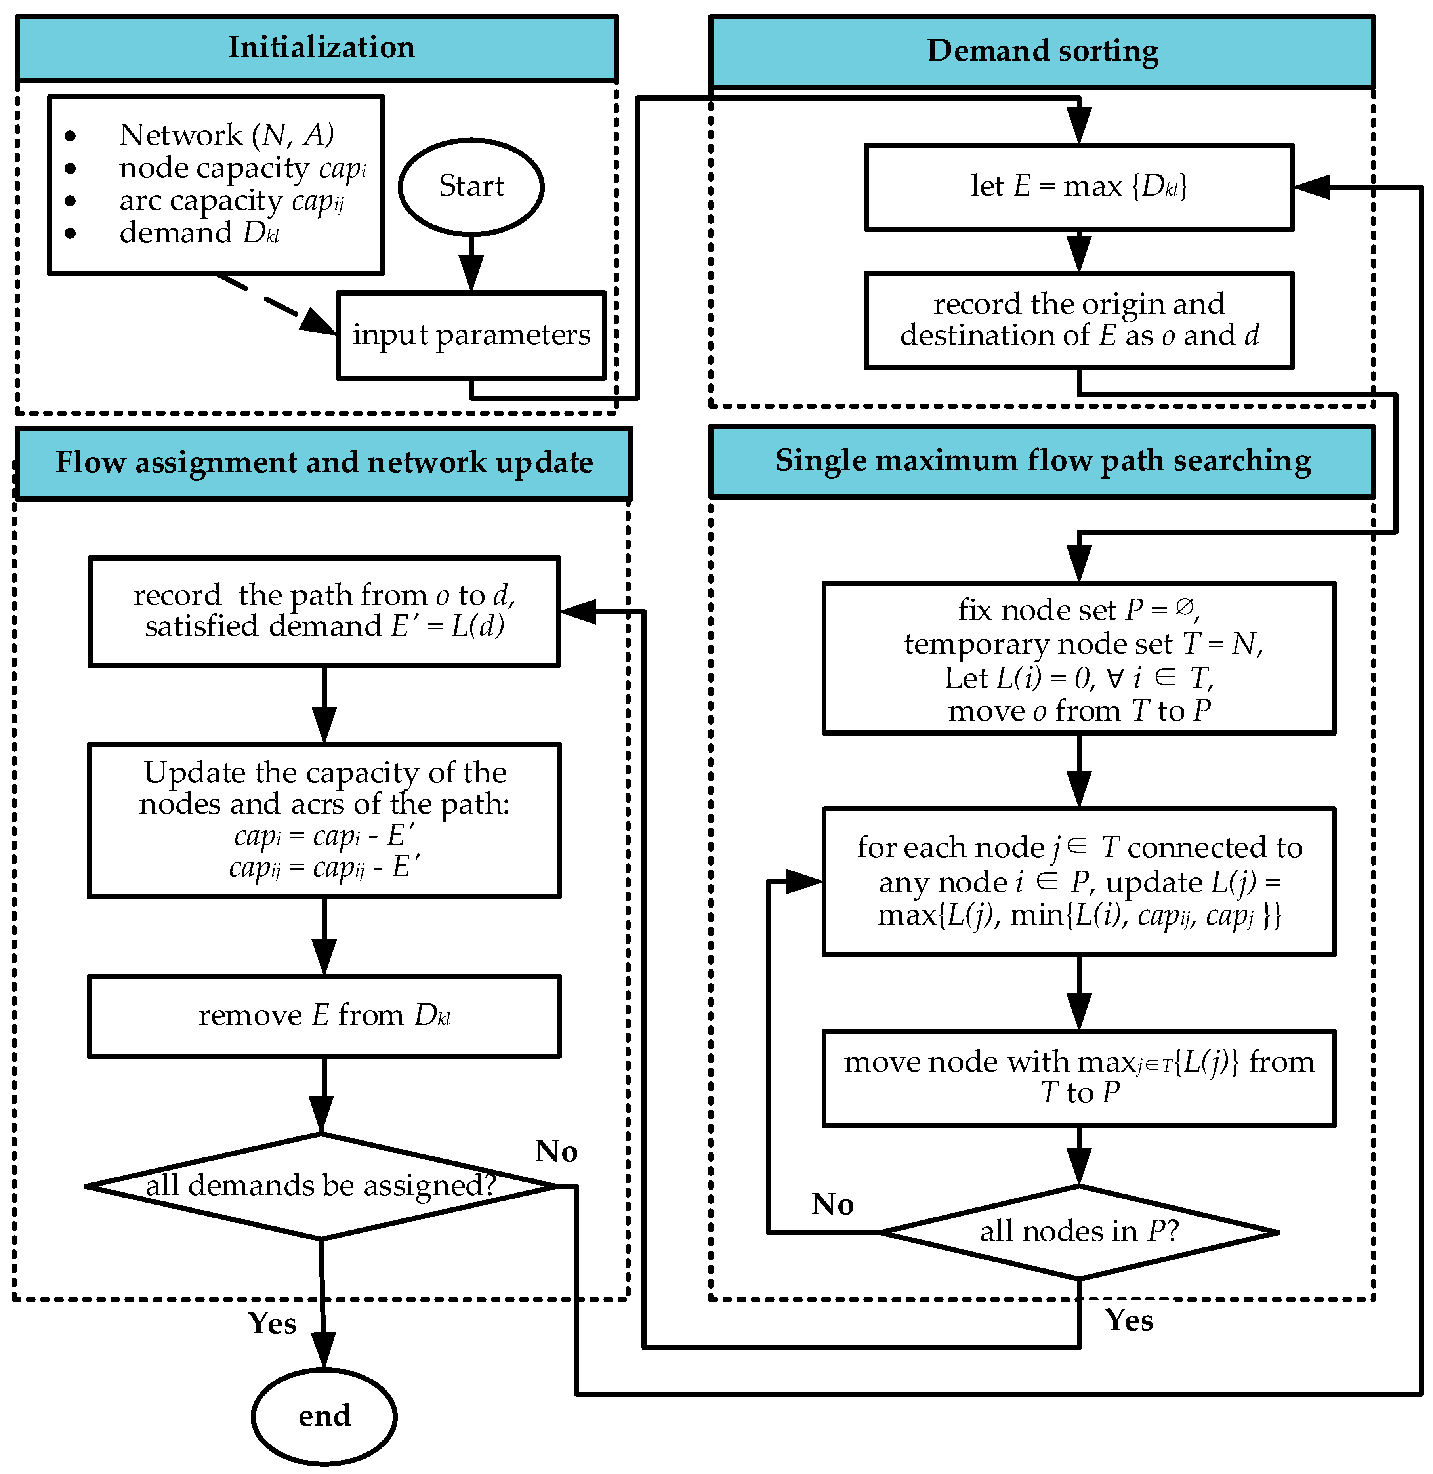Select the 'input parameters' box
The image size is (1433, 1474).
click(471, 335)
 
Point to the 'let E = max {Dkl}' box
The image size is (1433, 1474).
click(1078, 187)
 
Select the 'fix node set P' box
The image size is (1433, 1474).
click(1078, 658)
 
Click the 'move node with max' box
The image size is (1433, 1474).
click(1078, 1077)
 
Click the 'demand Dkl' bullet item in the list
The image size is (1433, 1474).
click(199, 233)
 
